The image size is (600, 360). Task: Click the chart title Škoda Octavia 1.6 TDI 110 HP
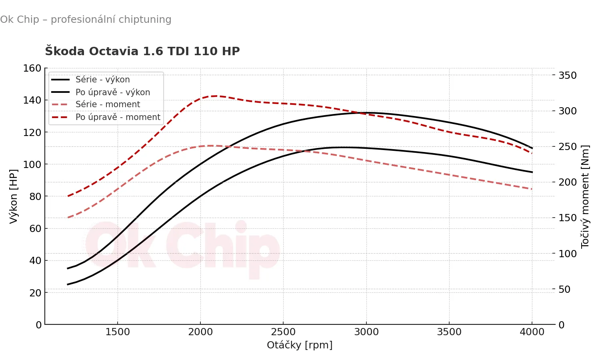coord(142,51)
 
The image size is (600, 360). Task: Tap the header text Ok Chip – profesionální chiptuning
coord(86,20)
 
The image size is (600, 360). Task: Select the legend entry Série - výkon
coord(102,80)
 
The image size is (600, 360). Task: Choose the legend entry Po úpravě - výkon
coord(113,92)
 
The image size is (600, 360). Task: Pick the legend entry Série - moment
coord(108,104)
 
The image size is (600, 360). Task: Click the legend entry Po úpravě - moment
coord(118,117)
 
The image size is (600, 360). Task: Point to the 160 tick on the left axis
coord(32,68)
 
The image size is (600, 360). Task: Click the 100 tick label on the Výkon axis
coord(32,164)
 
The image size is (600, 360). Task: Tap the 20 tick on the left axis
coord(35,293)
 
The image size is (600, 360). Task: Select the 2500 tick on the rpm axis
coord(283,332)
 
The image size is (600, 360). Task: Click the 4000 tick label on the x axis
coord(532,332)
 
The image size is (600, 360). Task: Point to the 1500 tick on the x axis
coord(118,332)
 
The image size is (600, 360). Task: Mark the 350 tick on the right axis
coord(567,76)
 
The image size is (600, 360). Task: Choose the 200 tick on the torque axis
coord(567,182)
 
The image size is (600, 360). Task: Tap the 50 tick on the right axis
coord(564,289)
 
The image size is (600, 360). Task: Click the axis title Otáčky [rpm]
coord(300,345)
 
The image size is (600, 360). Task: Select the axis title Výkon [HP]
coord(14,196)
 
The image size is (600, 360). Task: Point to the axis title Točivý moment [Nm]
coord(585,196)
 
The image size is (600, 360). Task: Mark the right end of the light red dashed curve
coord(532,189)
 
